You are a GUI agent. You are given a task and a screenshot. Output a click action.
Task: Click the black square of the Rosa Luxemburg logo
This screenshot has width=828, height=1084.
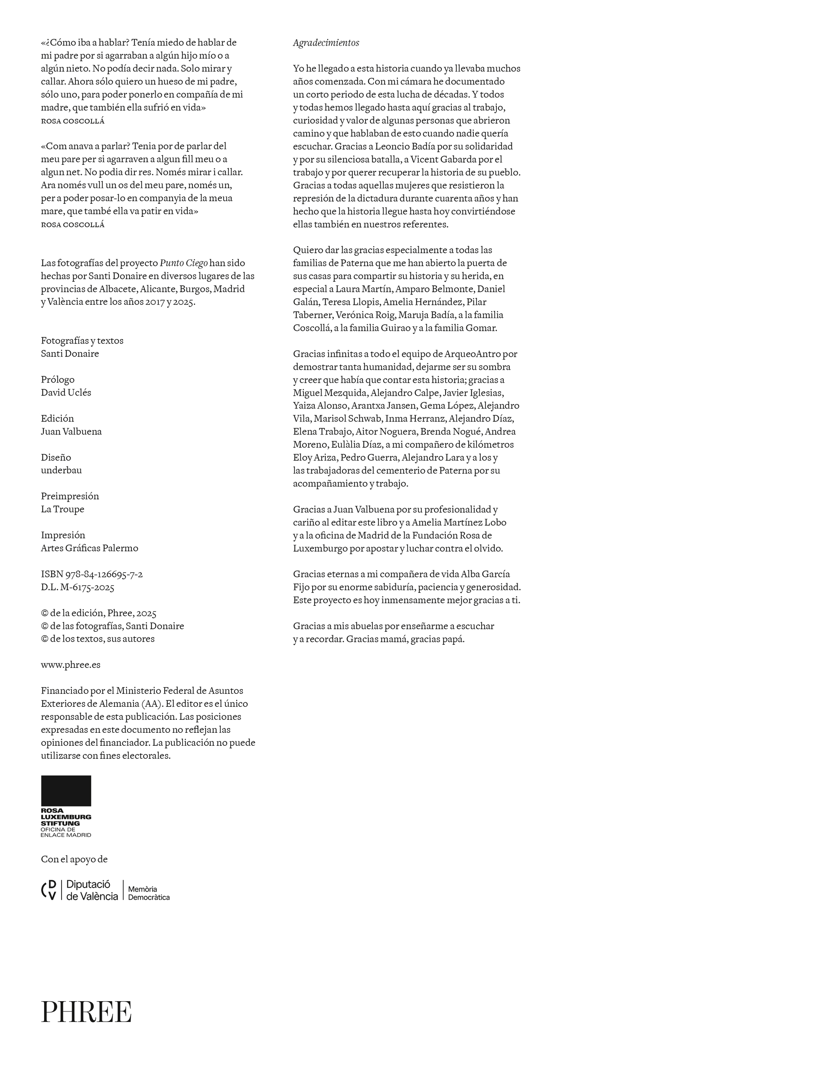pos(66,791)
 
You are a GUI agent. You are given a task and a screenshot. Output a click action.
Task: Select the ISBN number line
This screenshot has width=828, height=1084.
pos(91,574)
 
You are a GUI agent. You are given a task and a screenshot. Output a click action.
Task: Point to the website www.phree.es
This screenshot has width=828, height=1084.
pos(71,665)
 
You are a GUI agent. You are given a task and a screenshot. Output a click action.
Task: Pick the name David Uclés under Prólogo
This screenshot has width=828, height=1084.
pos(66,393)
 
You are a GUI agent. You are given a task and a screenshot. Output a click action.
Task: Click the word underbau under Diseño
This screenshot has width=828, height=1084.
pos(61,470)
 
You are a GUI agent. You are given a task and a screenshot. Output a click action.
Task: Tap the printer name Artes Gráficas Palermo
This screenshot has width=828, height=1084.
pos(89,548)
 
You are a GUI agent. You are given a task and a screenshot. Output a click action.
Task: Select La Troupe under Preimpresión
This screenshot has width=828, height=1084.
pos(62,509)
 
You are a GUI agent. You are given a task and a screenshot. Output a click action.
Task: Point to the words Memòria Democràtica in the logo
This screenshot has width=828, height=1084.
pos(149,893)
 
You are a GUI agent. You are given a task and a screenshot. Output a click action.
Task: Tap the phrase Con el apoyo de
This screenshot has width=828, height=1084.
pos(74,859)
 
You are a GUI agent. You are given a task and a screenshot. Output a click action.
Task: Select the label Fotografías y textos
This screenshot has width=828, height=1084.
pos(82,341)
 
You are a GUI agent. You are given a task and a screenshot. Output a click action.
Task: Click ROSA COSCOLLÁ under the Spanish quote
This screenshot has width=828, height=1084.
pos(72,121)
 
